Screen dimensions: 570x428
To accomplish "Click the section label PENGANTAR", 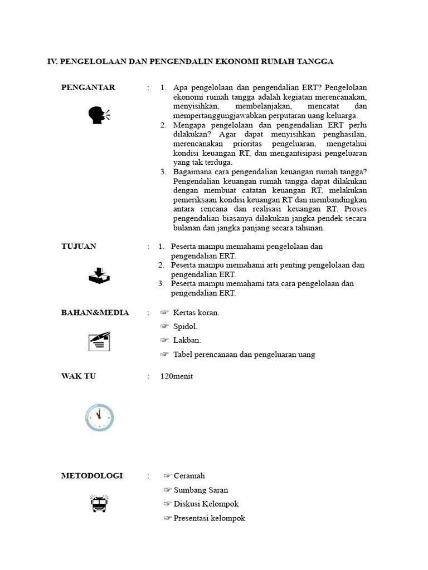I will pyautogui.click(x=88, y=87).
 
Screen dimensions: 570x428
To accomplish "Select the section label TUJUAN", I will pyautogui.click(x=79, y=247).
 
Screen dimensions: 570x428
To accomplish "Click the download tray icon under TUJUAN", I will pyautogui.click(x=99, y=276).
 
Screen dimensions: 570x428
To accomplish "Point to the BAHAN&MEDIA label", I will pyautogui.click(x=95, y=313).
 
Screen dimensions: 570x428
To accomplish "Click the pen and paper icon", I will pyautogui.click(x=99, y=341).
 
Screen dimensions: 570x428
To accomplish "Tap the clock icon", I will pyautogui.click(x=99, y=417).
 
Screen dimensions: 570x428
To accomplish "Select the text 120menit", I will pyautogui.click(x=176, y=376).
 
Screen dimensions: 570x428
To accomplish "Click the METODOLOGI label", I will pyautogui.click(x=92, y=476).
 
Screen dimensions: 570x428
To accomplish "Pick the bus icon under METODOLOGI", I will pyautogui.click(x=99, y=504).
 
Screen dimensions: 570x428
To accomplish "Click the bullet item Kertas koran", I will pyautogui.click(x=196, y=313).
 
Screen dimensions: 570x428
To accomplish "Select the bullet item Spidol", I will pyautogui.click(x=185, y=327).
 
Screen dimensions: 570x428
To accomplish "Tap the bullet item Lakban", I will pyautogui.click(x=187, y=340).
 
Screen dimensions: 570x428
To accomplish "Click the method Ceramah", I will pyautogui.click(x=189, y=476).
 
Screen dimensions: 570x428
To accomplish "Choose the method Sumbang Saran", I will pyautogui.click(x=201, y=490).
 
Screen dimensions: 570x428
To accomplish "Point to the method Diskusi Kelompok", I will pyautogui.click(x=206, y=504).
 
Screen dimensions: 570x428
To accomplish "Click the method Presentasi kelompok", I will pyautogui.click(x=209, y=518).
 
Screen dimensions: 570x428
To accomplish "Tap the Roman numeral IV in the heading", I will pyautogui.click(x=52, y=61).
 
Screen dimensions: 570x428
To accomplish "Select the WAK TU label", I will pyautogui.click(x=79, y=376).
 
